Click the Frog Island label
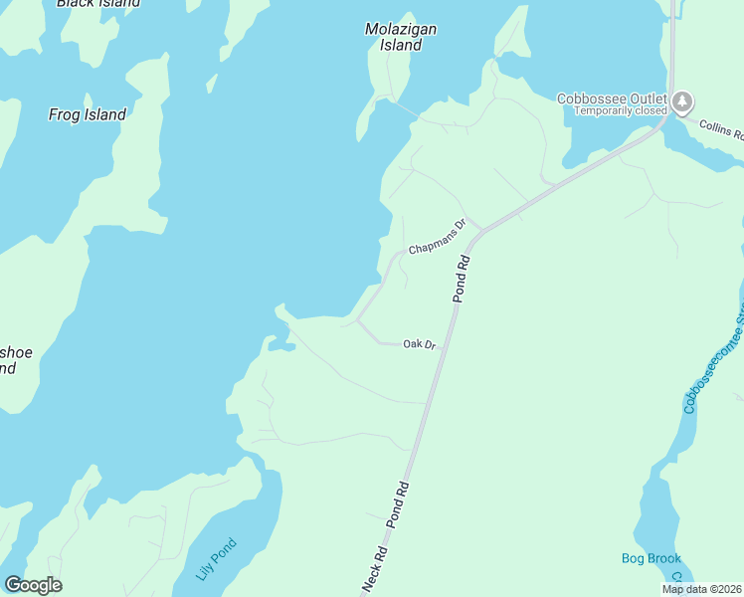(88, 114)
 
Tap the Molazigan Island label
(401, 37)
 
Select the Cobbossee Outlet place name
(610, 98)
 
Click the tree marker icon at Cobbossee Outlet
(682, 101)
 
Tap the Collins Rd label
(720, 128)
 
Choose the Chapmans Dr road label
(437, 236)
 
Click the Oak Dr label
(420, 344)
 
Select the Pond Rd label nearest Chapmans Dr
(461, 278)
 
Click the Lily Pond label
(216, 558)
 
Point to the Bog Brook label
(651, 558)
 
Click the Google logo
(33, 585)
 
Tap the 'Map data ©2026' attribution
(702, 589)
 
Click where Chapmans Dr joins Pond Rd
(481, 231)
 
